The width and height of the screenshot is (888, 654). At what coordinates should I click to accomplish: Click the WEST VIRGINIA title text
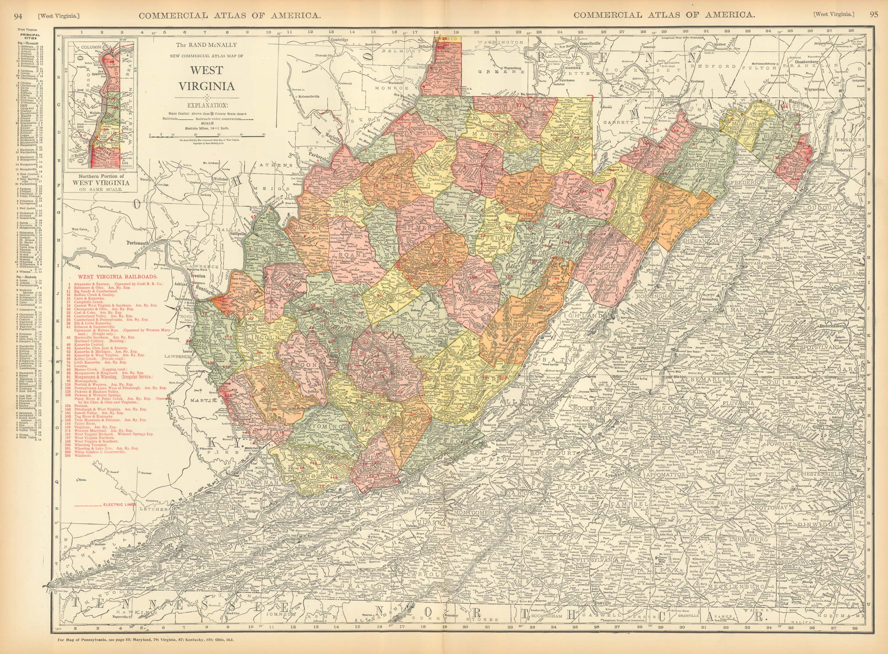tap(206, 78)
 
